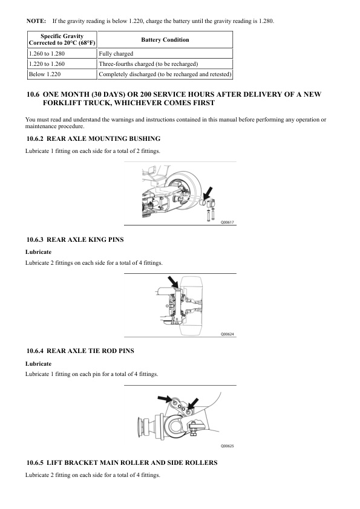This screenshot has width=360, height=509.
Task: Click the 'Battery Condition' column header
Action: (x=165, y=40)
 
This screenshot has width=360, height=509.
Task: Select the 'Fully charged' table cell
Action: (x=165, y=54)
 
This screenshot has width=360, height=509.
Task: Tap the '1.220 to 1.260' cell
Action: (x=62, y=64)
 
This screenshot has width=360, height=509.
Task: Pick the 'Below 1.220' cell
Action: (x=62, y=74)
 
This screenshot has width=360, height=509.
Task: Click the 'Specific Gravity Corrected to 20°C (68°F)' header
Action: (x=62, y=40)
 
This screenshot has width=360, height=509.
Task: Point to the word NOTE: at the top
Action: (x=36, y=21)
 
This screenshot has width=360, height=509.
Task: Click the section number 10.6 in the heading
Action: (x=33, y=94)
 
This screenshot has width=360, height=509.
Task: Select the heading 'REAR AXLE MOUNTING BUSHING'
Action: (x=103, y=139)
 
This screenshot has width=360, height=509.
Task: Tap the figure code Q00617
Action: (x=227, y=222)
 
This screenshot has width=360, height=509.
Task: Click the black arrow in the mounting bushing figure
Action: (x=207, y=193)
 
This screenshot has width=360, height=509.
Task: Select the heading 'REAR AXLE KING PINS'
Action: (x=85, y=240)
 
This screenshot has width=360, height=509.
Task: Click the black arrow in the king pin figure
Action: (x=173, y=282)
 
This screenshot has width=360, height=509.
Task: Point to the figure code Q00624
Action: (x=227, y=334)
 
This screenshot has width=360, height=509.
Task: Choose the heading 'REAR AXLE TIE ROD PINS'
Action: (x=90, y=351)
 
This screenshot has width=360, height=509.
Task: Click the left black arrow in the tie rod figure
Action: (x=165, y=398)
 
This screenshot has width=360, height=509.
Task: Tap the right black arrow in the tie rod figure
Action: (x=193, y=404)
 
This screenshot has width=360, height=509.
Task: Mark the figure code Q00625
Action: (x=227, y=446)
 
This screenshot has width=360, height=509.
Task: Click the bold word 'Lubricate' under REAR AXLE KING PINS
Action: (x=38, y=252)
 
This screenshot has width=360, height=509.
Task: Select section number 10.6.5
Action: (x=35, y=463)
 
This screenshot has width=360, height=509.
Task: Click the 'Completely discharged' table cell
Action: (x=165, y=74)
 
